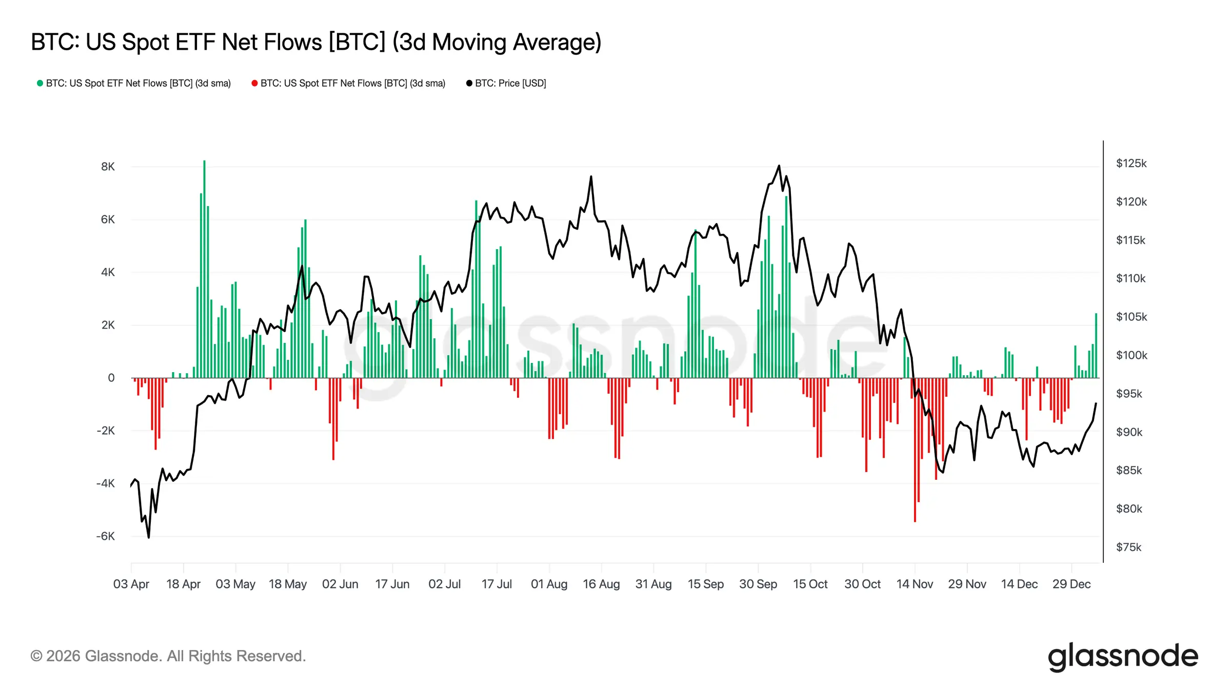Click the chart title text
[315, 42]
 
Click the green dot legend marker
[39, 83]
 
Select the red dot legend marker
[254, 83]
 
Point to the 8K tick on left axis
[108, 167]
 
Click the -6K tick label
[106, 536]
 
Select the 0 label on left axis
[111, 378]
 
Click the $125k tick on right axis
[1131, 164]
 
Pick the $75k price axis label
[1128, 547]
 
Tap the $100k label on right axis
[1131, 355]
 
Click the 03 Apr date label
[131, 584]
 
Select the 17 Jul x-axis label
[497, 584]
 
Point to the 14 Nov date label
[914, 584]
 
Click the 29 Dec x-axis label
[1071, 584]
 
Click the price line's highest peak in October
[779, 166]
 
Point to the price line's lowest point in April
[149, 537]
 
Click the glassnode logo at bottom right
[1122, 656]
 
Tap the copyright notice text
[168, 656]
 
